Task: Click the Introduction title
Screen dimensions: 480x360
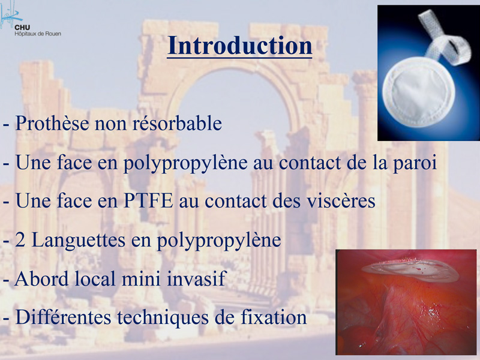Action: pyautogui.click(x=239, y=46)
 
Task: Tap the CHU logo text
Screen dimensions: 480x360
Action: pyautogui.click(x=22, y=28)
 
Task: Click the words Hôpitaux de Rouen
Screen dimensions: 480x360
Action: pyautogui.click(x=38, y=34)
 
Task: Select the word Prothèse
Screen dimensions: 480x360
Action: pyautogui.click(x=52, y=124)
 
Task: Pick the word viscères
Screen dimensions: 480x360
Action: pyautogui.click(x=338, y=201)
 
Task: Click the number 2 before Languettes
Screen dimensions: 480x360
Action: pyautogui.click(x=20, y=241)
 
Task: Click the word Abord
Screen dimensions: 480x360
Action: pyautogui.click(x=41, y=278)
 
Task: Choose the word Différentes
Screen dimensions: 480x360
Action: pyautogui.click(x=63, y=317)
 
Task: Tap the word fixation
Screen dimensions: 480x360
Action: pyautogui.click(x=274, y=317)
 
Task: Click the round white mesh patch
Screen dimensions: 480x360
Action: pyautogui.click(x=418, y=91)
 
